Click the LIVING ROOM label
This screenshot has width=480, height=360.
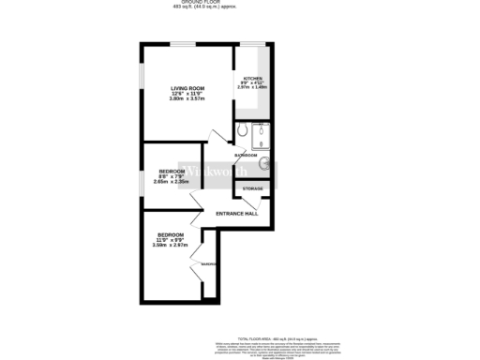(187, 88)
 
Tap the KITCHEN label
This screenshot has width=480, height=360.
(253, 79)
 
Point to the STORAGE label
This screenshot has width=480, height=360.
(253, 189)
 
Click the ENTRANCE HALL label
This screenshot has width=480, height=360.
(236, 214)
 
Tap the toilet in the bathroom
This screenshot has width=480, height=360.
(242, 130)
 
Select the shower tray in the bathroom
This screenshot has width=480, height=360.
(262, 135)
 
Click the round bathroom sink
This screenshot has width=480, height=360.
(265, 167)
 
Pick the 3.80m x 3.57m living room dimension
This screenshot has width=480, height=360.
(187, 98)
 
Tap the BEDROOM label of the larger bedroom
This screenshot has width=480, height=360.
(170, 234)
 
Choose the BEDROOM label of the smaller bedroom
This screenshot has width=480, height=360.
(172, 171)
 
